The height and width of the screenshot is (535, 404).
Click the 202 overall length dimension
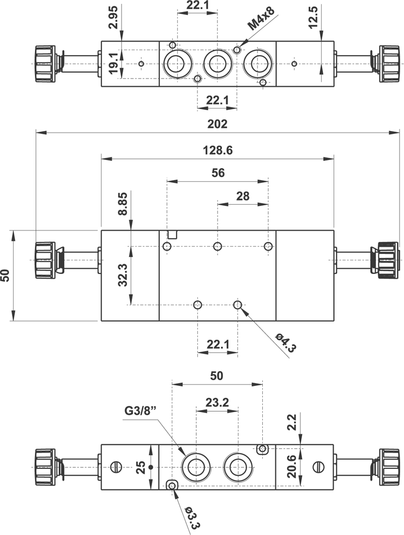coord(218,124)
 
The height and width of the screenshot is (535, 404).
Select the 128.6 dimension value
coord(218,151)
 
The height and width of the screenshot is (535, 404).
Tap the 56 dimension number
coord(218,173)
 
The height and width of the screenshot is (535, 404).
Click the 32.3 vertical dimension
coord(123,275)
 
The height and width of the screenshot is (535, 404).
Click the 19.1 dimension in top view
coord(113,63)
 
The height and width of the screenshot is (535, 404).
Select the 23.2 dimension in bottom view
coord(217,402)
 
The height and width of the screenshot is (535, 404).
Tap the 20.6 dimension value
coord(291,466)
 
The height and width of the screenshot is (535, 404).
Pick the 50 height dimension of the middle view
coord(5,275)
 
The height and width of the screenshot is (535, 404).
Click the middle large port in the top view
coord(216,64)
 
